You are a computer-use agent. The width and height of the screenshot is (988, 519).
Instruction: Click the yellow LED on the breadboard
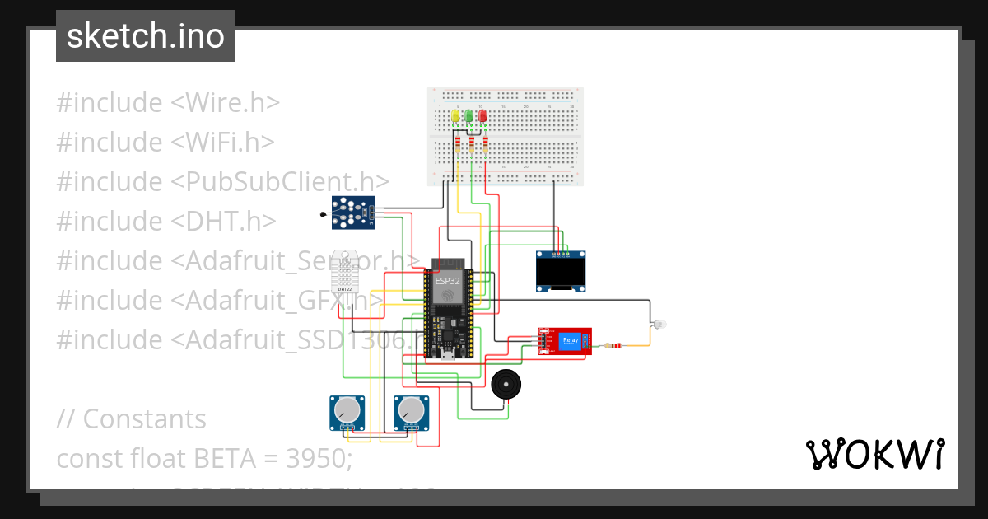pos(455,116)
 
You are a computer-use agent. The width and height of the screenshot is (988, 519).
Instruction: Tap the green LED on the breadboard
pos(469,116)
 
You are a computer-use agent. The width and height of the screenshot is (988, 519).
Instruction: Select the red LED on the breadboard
pos(483,116)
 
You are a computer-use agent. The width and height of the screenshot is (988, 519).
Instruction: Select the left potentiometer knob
pos(347,409)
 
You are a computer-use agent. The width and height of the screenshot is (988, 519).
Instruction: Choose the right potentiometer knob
pos(411,409)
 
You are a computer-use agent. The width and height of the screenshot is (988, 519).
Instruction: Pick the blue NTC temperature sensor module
pos(352,212)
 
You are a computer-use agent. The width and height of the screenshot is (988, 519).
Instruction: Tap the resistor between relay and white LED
pos(611,346)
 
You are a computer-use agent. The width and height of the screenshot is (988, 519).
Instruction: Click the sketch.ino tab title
pos(146,36)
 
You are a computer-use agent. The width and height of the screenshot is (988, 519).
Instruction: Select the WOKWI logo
pos(874,455)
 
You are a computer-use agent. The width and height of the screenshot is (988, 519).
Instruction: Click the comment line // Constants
pos(132,418)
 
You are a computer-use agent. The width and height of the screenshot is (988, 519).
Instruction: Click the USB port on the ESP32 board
pos(447,354)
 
